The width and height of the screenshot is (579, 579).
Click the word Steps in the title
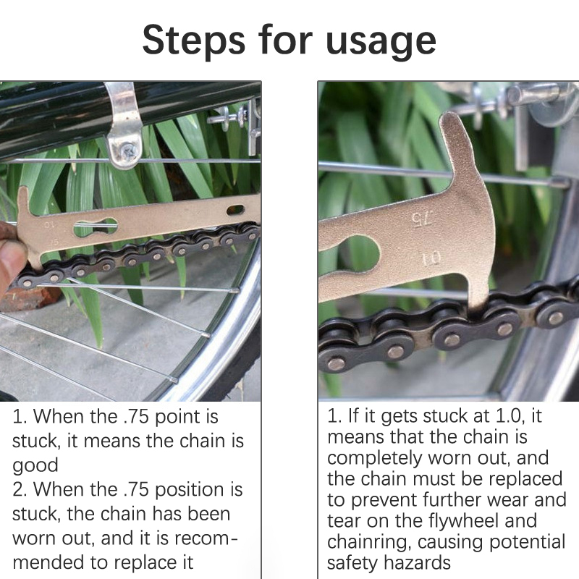click(193, 41)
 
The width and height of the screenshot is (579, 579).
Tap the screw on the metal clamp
click(129, 151)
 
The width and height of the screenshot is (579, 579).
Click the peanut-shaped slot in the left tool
click(96, 227)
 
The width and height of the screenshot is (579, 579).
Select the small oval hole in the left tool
click(235, 210)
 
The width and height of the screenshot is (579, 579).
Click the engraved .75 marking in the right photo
click(422, 219)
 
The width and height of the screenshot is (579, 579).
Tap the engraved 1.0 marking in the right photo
click(431, 258)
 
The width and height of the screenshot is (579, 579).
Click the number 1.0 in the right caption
click(510, 415)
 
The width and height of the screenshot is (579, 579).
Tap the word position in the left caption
click(190, 491)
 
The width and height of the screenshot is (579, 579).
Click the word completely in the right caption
click(374, 458)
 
